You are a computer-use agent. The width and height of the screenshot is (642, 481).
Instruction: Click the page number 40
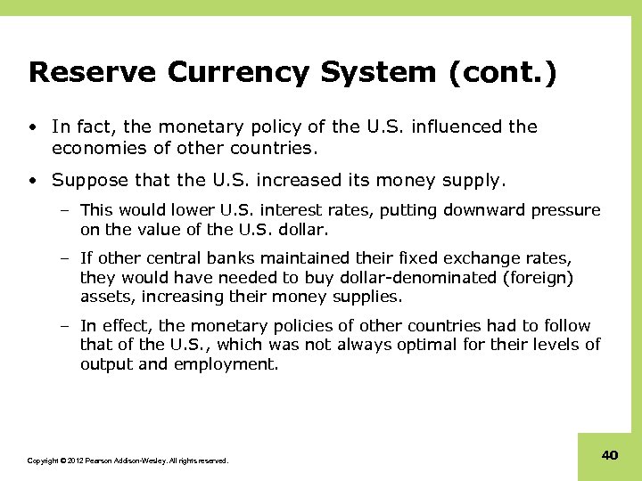(610, 455)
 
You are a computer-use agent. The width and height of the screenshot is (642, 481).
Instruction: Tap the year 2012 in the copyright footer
(71, 461)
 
